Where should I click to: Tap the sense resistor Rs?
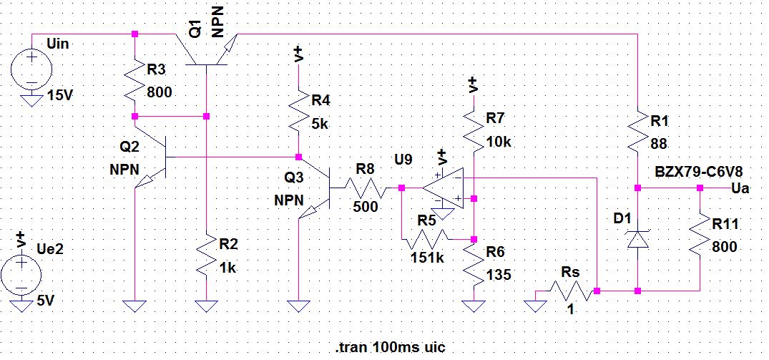coord(569,291)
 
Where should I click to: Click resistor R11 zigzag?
coord(700,239)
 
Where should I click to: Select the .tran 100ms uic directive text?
coord(391,347)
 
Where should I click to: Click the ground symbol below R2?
coord(206,307)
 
